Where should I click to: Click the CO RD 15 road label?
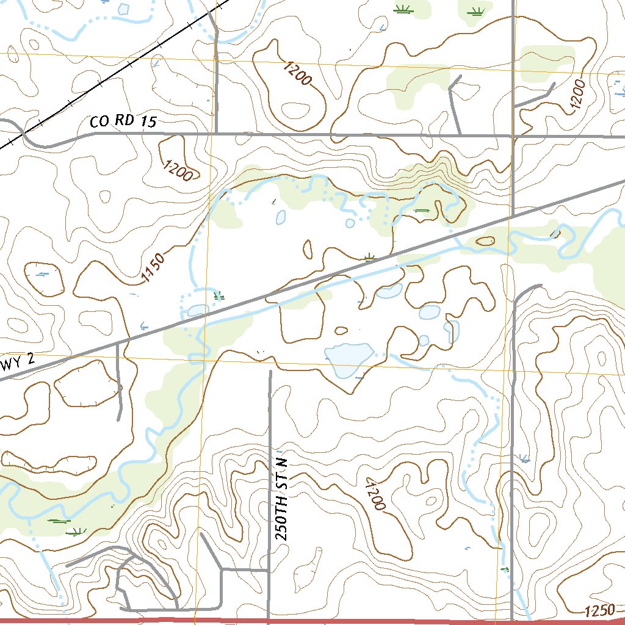pos(123,121)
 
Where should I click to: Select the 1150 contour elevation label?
pos(153,269)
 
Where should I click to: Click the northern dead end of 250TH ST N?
pos(270,371)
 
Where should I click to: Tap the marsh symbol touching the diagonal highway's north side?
pos(369,257)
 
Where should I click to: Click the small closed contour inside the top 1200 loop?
pos(297,110)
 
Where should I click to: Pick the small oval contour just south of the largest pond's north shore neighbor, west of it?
pos(341,330)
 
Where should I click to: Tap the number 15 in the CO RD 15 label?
pos(148,121)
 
